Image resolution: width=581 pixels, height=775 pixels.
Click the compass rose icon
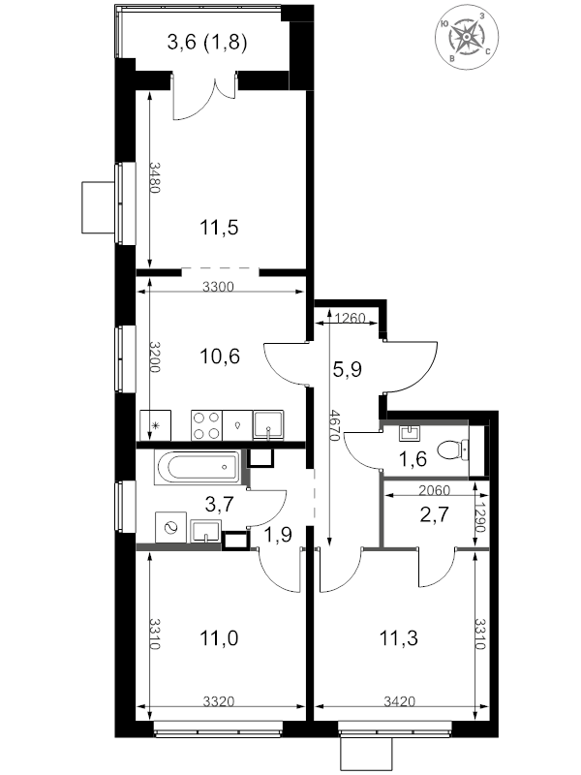click(x=467, y=37)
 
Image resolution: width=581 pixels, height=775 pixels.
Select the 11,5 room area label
click(x=219, y=229)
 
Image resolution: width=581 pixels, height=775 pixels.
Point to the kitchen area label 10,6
click(x=220, y=356)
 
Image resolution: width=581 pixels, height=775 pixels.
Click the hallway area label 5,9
click(x=348, y=369)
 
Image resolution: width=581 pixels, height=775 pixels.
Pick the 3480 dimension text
click(x=155, y=178)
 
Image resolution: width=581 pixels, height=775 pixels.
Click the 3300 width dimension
click(x=218, y=287)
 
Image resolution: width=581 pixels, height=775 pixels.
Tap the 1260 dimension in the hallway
click(x=350, y=318)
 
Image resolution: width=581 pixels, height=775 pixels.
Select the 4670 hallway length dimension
click(x=335, y=425)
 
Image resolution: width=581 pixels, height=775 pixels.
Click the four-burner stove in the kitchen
click(x=206, y=425)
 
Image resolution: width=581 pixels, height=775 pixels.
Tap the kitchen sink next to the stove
click(x=268, y=425)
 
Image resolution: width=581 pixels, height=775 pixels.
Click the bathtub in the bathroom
click(x=197, y=467)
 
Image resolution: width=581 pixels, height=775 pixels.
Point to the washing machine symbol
click(x=171, y=528)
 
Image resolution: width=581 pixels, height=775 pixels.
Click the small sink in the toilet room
click(x=410, y=433)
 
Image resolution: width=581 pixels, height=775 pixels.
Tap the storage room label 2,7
click(x=434, y=514)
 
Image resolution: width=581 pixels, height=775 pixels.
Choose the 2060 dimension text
click(x=434, y=490)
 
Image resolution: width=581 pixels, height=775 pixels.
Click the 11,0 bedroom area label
click(x=219, y=638)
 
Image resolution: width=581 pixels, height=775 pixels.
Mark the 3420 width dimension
click(x=400, y=701)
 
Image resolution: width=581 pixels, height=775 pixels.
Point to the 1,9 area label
click(x=277, y=535)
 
